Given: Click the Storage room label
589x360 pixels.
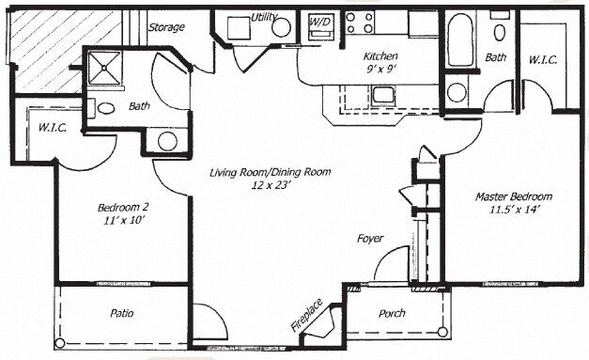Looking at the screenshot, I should click(166, 27).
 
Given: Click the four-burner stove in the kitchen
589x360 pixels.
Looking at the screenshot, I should click(359, 22).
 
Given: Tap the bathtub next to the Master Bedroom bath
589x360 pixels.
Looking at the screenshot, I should click(459, 40).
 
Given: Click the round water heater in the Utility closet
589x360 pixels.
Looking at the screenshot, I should click(281, 27).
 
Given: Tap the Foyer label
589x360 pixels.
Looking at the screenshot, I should click(370, 239).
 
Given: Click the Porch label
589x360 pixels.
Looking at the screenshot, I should click(392, 313).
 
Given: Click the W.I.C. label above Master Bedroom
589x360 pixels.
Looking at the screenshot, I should click(542, 59).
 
